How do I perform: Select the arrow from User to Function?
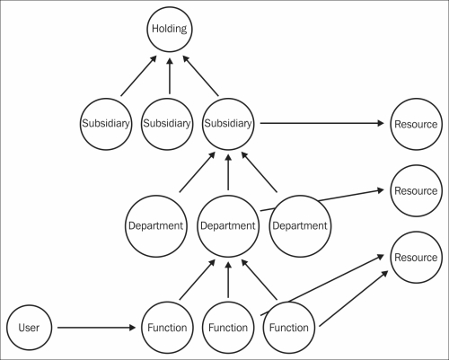[96, 328]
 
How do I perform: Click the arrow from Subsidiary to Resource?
[321, 123]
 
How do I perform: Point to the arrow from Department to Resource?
[322, 200]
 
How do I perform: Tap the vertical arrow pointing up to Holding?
[170, 76]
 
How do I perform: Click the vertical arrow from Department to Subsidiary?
[228, 172]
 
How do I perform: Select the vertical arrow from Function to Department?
[228, 280]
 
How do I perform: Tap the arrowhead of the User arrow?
[132, 328]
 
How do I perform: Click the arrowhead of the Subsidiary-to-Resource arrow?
[381, 123]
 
